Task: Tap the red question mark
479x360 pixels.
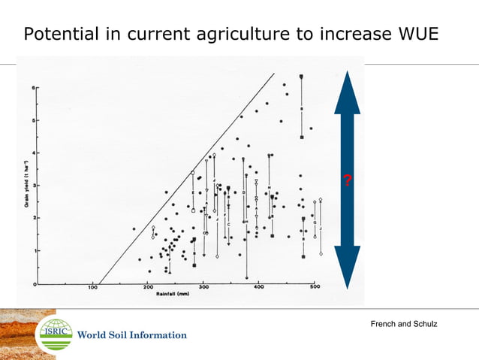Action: pyautogui.click(x=347, y=180)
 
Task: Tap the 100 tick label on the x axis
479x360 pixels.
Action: pyautogui.click(x=94, y=289)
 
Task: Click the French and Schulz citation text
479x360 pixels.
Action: pyautogui.click(x=404, y=323)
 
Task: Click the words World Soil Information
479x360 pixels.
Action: pyautogui.click(x=132, y=335)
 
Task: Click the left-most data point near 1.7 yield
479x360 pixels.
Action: pyautogui.click(x=134, y=228)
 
